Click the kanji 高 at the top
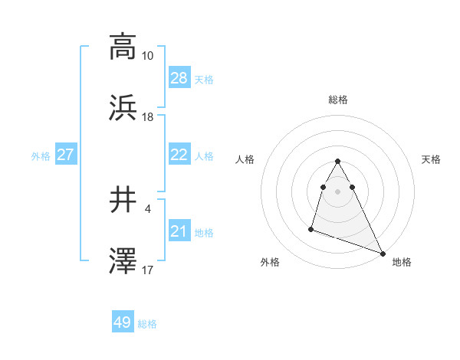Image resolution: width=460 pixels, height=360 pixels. tap(123, 47)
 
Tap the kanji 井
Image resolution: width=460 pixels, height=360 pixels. tap(123, 201)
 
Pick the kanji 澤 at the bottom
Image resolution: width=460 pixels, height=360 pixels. tap(123, 262)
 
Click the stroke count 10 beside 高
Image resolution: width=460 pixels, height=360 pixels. tap(148, 56)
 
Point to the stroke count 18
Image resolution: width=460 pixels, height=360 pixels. tap(148, 117)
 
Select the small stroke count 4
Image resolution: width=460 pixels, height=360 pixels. tap(148, 209)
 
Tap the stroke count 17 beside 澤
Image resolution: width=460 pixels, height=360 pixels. tap(148, 270)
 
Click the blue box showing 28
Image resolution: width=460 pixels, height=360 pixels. tap(179, 78)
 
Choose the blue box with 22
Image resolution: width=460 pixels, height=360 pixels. tap(179, 155)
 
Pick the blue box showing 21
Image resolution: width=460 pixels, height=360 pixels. tap(179, 231)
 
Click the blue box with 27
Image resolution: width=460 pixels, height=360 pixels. tap(65, 155)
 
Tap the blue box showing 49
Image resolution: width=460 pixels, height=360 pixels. tap(123, 323)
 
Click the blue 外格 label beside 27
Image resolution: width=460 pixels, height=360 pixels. tap(41, 156)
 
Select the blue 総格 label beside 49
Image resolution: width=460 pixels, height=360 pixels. tap(147, 324)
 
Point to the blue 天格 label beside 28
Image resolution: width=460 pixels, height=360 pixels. tap(203, 80)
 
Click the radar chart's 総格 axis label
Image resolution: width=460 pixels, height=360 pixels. tap(338, 100)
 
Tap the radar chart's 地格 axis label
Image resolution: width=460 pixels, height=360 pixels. tap(402, 262)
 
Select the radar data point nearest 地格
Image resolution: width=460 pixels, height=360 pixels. tap(383, 254)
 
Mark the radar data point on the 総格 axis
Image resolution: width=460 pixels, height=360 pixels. tap(337, 161)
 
